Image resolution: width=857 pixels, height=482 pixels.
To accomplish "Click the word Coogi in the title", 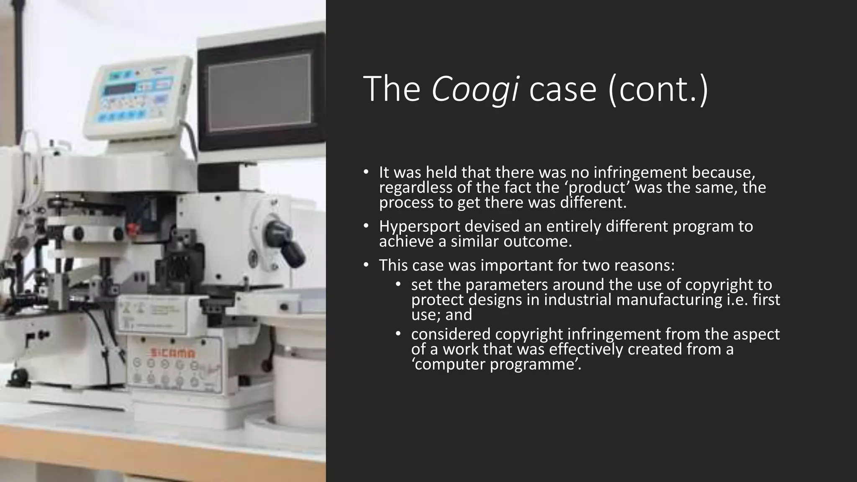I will [x=475, y=89].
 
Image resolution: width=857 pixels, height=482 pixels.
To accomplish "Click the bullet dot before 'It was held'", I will [x=366, y=172].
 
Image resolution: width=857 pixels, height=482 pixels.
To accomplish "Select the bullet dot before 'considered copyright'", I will [x=398, y=334].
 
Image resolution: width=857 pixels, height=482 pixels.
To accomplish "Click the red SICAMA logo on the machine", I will [x=172, y=354].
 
